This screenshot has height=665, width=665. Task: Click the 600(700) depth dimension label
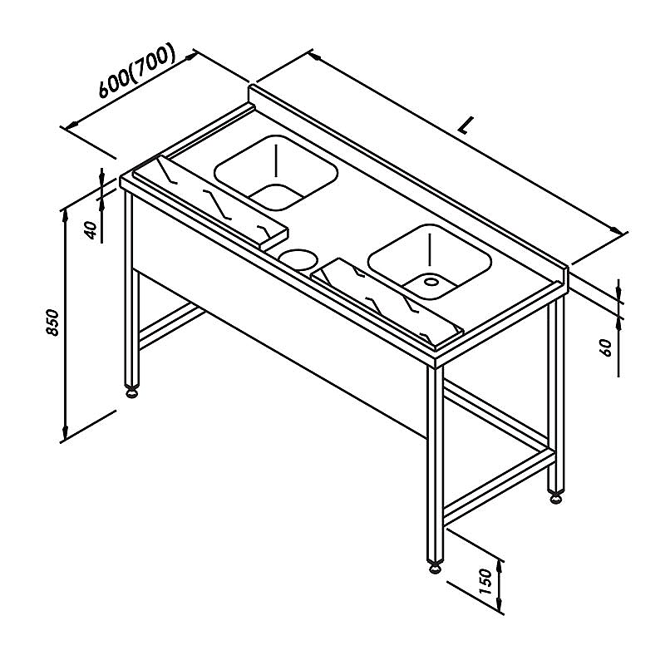(x=137, y=70)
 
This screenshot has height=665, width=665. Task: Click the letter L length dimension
(x=466, y=126)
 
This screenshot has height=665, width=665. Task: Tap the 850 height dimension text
(x=52, y=323)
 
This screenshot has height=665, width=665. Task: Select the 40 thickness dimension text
(x=91, y=230)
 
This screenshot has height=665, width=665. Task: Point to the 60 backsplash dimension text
(x=607, y=347)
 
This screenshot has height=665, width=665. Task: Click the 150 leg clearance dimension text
(x=485, y=581)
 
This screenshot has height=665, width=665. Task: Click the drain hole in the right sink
(x=431, y=281)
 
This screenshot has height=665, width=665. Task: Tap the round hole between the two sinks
(x=298, y=259)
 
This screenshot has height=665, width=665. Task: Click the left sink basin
(x=276, y=173)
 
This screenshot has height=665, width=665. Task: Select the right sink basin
(x=430, y=262)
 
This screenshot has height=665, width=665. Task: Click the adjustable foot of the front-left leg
(x=132, y=393)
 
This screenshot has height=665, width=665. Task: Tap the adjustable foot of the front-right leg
(x=435, y=567)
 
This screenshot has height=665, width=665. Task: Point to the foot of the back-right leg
(x=555, y=498)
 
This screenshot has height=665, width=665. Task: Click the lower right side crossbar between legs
(x=499, y=488)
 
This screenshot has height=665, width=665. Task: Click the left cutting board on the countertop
(x=211, y=202)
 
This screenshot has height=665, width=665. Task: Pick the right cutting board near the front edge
(x=387, y=303)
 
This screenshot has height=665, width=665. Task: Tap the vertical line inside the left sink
(x=276, y=160)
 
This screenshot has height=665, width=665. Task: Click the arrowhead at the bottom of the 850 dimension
(x=65, y=432)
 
